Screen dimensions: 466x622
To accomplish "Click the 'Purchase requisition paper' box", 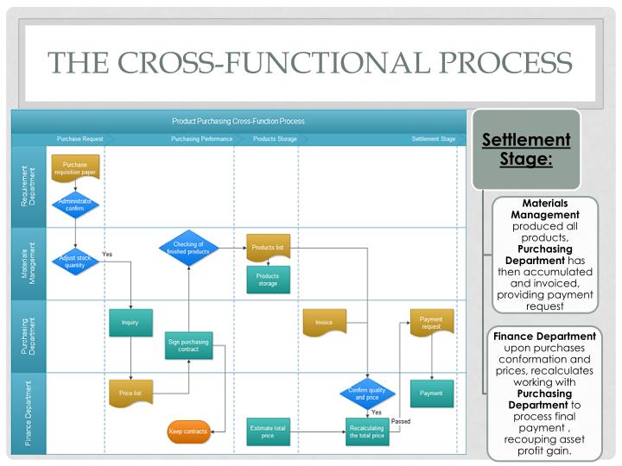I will click(75, 167).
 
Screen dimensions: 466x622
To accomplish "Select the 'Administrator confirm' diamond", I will click(75, 205).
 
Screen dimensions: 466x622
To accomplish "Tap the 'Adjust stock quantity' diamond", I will click(75, 261).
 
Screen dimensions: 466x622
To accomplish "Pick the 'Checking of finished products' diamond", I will click(188, 248).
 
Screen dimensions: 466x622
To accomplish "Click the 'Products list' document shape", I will click(268, 248).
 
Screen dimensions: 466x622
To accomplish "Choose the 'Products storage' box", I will click(268, 280).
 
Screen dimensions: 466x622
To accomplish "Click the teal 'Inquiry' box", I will click(130, 322).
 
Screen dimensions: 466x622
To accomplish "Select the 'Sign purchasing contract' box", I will click(188, 346).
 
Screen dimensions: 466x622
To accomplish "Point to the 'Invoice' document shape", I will click(324, 322).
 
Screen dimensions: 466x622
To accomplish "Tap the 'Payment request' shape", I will click(431, 323).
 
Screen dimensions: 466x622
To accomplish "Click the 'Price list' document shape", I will click(130, 393).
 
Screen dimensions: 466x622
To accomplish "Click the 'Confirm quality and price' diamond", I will click(367, 394).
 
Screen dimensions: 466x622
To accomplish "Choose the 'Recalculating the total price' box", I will click(367, 431).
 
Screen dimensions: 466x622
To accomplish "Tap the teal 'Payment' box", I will click(431, 393).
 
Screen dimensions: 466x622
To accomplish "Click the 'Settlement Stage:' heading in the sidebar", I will click(525, 149).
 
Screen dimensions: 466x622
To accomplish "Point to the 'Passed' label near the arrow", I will click(401, 421).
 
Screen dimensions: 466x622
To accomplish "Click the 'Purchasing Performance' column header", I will click(201, 139).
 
